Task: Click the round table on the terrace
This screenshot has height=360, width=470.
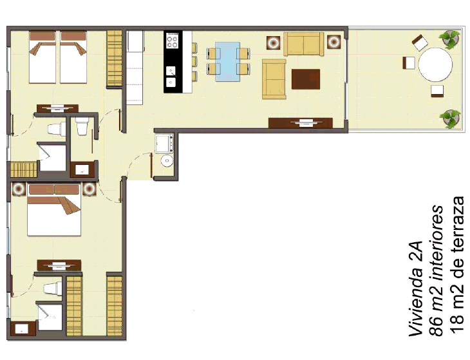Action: tap(435, 64)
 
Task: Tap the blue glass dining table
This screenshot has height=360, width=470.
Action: tap(228, 61)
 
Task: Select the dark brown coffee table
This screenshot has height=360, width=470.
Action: tap(306, 79)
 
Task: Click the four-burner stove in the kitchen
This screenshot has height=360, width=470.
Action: tap(172, 41)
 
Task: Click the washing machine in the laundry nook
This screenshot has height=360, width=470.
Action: tap(164, 143)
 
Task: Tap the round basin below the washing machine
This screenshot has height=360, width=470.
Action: tap(167, 160)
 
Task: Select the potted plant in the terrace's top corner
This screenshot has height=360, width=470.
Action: tap(449, 39)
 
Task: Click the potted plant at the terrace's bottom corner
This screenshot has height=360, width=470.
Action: tap(451, 118)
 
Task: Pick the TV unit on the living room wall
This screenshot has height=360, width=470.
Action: tap(300, 123)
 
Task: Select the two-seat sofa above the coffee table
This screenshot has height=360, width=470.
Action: tap(304, 44)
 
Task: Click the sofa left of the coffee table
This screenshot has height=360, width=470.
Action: tap(274, 79)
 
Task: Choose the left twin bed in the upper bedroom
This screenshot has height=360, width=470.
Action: tap(42, 57)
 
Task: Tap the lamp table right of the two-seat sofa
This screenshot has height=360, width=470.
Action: tap(334, 42)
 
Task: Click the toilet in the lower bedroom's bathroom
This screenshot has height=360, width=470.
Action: tap(52, 289)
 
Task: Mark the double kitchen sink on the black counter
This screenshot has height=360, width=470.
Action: tap(171, 76)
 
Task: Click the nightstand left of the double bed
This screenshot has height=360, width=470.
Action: tap(19, 189)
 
